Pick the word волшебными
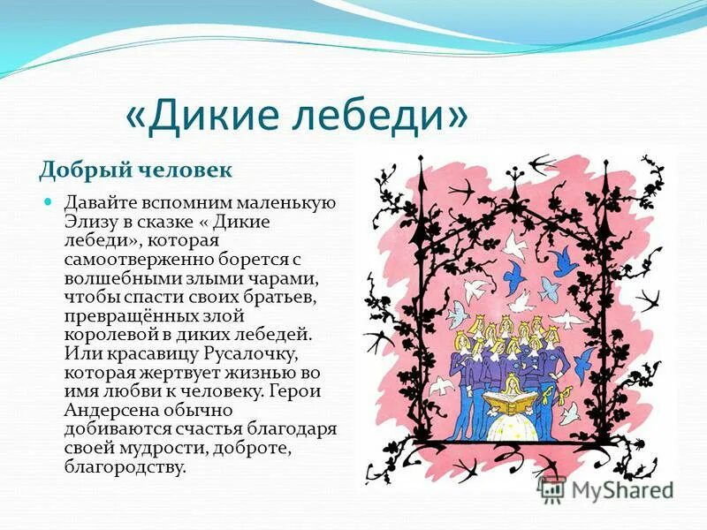pos(110,278)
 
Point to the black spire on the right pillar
pos(607,177)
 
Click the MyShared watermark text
pos(622,491)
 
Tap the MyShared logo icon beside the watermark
pos(552,489)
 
